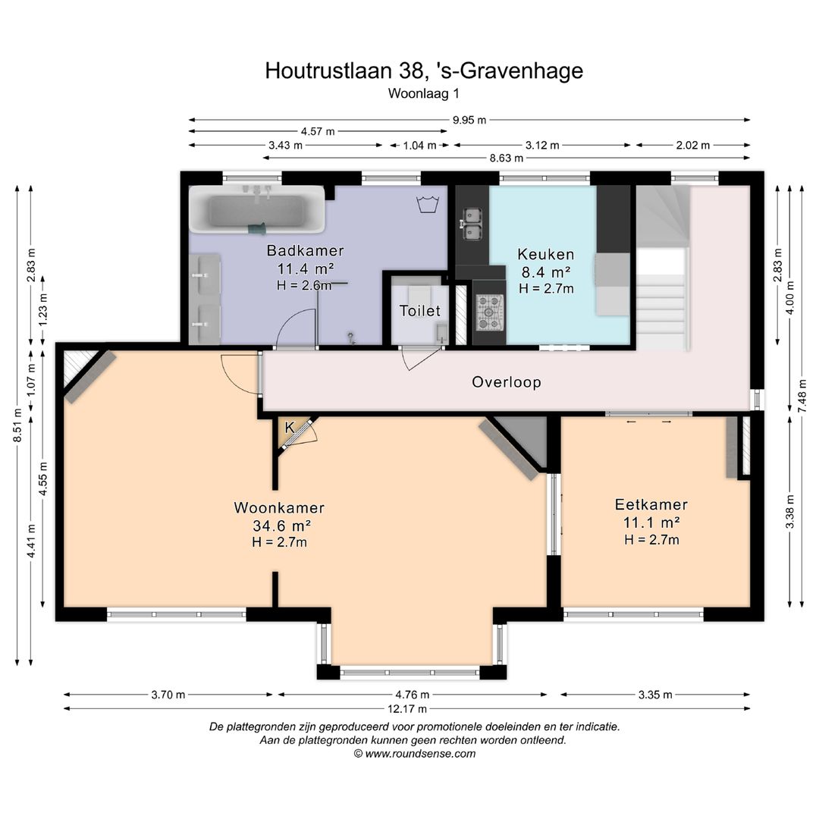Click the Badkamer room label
pyautogui.click(x=306, y=250)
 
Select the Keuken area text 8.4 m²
pyautogui.click(x=545, y=271)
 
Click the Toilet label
pyautogui.click(x=420, y=311)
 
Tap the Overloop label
pyautogui.click(x=507, y=382)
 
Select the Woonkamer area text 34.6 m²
pyautogui.click(x=280, y=525)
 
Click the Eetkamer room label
pyautogui.click(x=651, y=505)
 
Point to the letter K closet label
pyautogui.click(x=289, y=428)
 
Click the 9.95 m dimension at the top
pyautogui.click(x=469, y=120)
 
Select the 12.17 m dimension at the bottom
pyautogui.click(x=406, y=709)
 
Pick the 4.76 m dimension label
pyautogui.click(x=412, y=695)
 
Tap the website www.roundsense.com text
pyautogui.click(x=414, y=754)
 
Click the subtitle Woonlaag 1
pyautogui.click(x=424, y=94)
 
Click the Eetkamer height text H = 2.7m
pyautogui.click(x=651, y=540)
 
